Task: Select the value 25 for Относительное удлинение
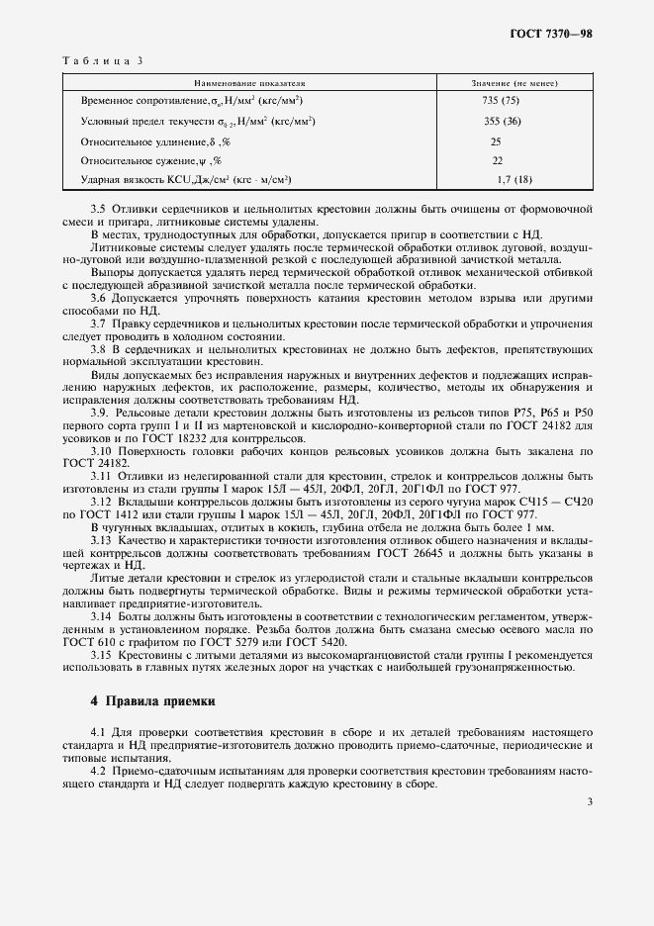pyautogui.click(x=497, y=140)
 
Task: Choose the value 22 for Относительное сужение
pyautogui.click(x=497, y=160)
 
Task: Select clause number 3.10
pyautogui.click(x=102, y=451)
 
